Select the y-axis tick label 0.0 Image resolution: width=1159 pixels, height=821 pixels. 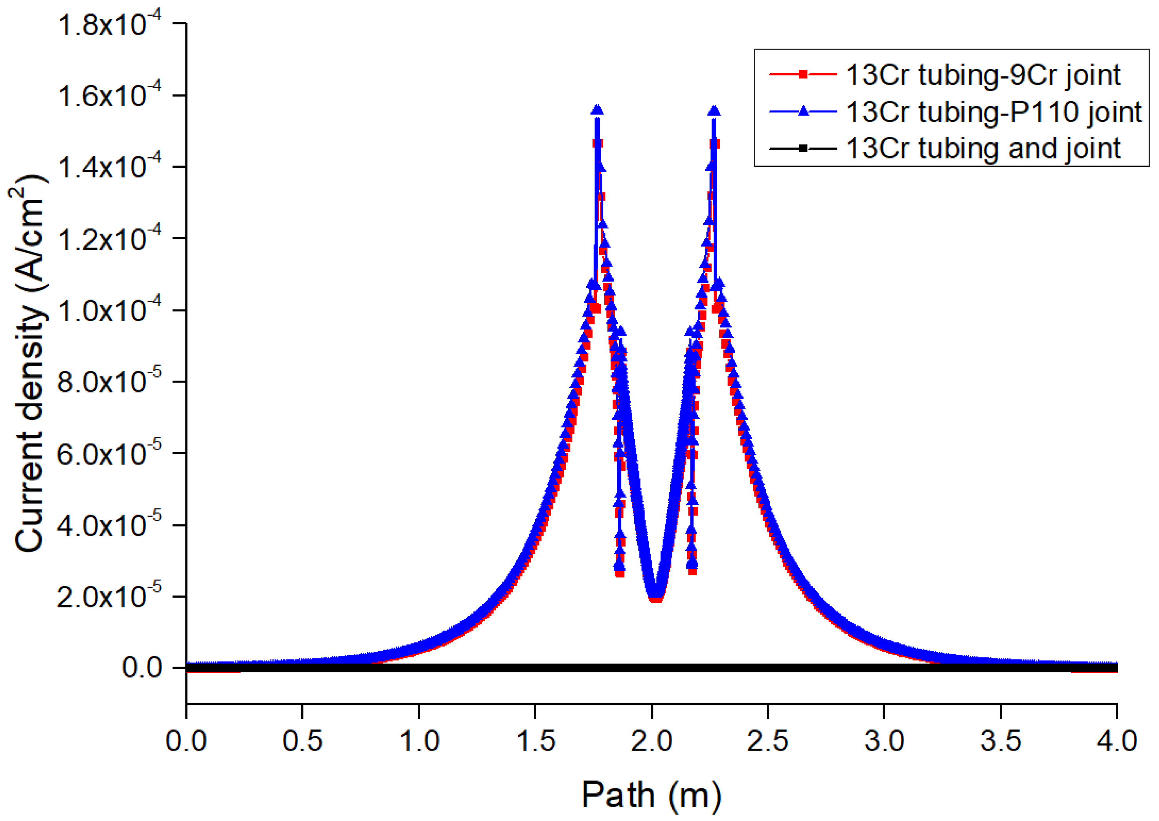coord(142,668)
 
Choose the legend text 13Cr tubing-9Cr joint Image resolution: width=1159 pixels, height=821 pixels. coord(983,75)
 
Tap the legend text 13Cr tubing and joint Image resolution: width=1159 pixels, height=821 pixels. coord(983,149)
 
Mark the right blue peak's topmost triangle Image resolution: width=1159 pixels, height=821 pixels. coord(714,110)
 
